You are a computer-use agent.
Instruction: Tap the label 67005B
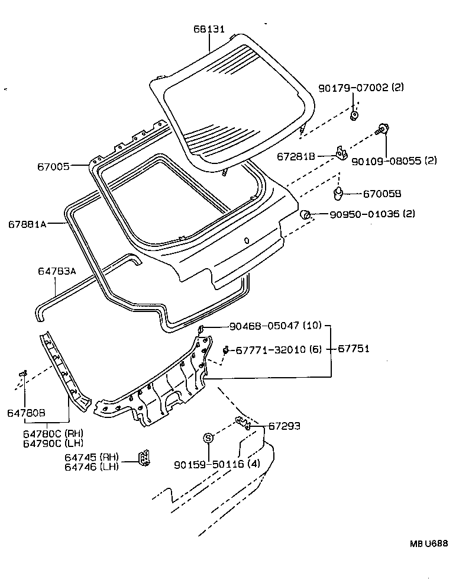coord(382,193)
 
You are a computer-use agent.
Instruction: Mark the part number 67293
coord(285,426)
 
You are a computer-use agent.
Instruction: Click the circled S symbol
coord(208,438)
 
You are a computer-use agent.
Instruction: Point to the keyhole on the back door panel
coord(246,240)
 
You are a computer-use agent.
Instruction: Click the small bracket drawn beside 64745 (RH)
coord(144,459)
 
